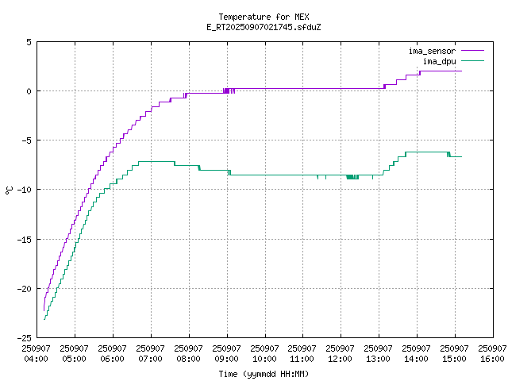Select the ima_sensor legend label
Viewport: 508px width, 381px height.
coord(432,51)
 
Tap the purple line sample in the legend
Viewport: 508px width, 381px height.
coord(471,51)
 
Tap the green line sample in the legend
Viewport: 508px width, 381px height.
coord(471,61)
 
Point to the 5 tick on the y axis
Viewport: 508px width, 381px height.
coord(29,42)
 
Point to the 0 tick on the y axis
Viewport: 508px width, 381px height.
coord(29,91)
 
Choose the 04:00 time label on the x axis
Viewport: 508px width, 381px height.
coord(37,353)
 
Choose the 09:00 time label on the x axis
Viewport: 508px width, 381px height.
coord(226,353)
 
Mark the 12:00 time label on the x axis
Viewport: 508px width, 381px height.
coord(341,353)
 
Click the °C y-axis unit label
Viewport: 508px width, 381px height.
coord(10,190)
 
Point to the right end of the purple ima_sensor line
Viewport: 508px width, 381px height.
coord(461,71)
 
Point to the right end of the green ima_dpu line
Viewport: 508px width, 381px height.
coord(461,156)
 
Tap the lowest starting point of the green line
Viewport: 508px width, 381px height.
coord(44,319)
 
